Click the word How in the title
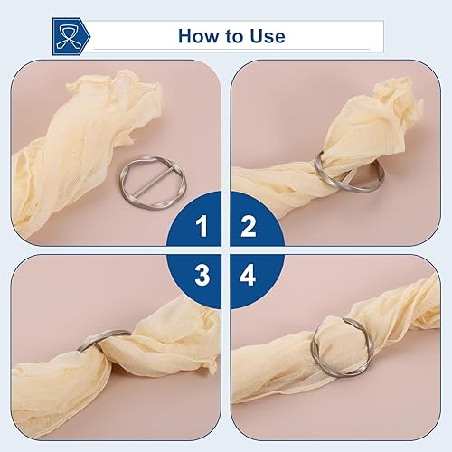[x=199, y=36]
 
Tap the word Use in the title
[x=268, y=36]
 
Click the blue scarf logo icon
[x=71, y=36]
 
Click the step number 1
[x=202, y=226]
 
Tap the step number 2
[x=249, y=226]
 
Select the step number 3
[x=202, y=275]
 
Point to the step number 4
[x=248, y=275]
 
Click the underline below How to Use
[x=231, y=49]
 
